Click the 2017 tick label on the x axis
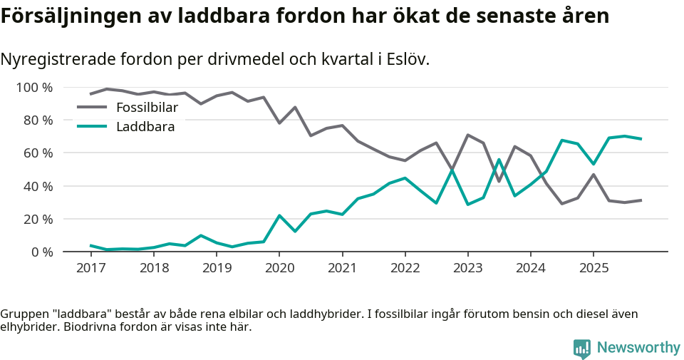[90, 268]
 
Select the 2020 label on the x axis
[279, 268]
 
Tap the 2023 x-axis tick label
[468, 268]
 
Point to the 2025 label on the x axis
[594, 268]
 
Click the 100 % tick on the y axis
[35, 88]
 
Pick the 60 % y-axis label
[38, 153]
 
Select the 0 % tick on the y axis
[41, 252]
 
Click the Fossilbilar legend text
[147, 108]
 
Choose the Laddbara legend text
[145, 127]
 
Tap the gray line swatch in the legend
[92, 108]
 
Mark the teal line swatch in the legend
[92, 127]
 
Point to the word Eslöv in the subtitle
[407, 59]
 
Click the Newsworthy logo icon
[582, 348]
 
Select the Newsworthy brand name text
[638, 348]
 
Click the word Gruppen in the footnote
[24, 314]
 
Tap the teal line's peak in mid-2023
[499, 160]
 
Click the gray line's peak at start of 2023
[468, 135]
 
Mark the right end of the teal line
[641, 139]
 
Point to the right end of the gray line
[641, 200]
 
